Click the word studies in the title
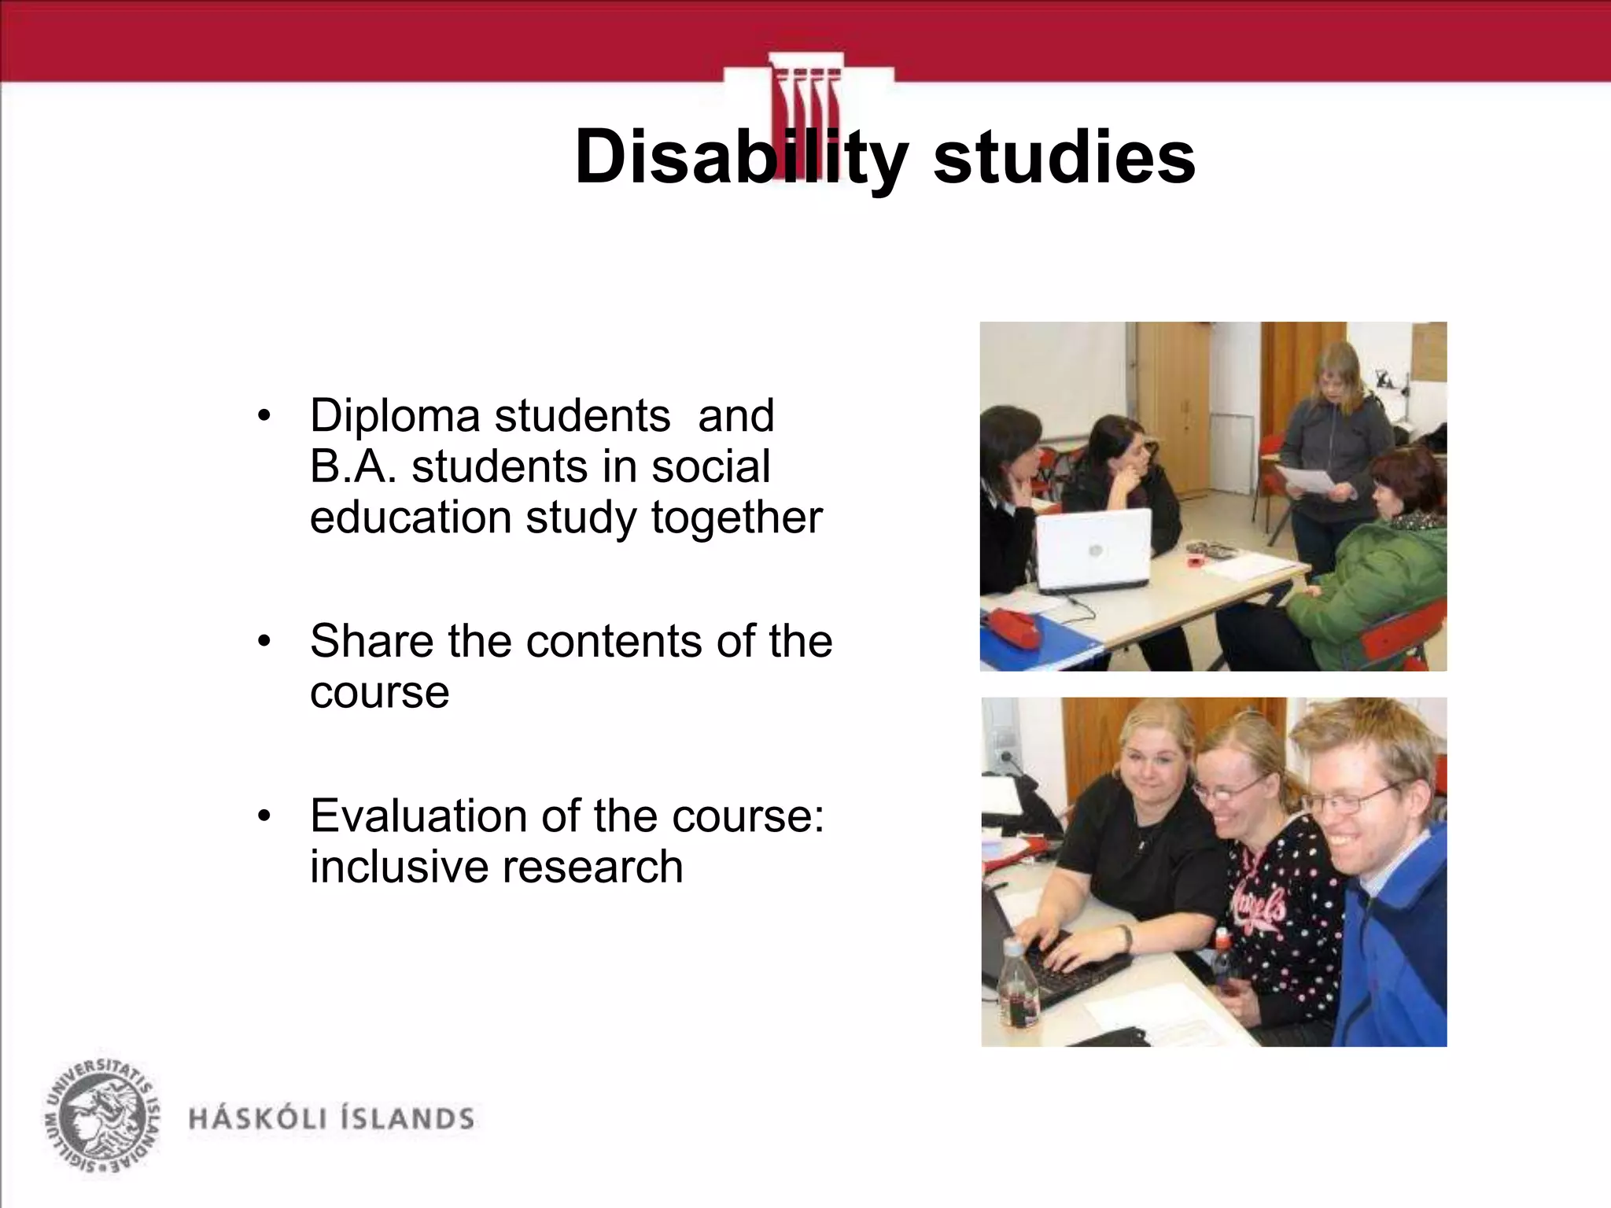pyautogui.click(x=1064, y=157)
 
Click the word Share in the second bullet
pyautogui.click(x=370, y=641)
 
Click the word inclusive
pyautogui.click(x=398, y=867)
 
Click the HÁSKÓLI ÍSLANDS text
pyautogui.click(x=331, y=1118)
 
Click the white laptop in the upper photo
pyautogui.click(x=1094, y=549)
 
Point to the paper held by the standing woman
pyautogui.click(x=1305, y=479)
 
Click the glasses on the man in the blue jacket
pyautogui.click(x=1355, y=799)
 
